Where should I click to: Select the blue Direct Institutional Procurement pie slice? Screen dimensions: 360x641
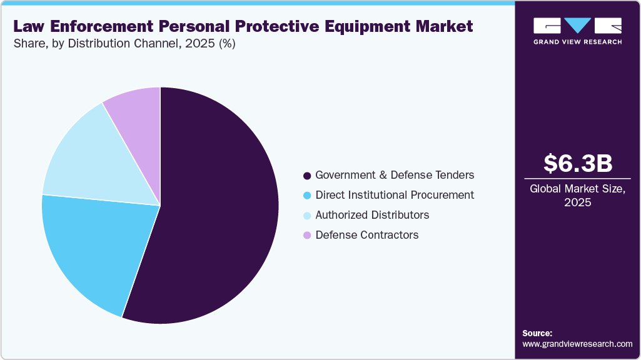pyautogui.click(x=94, y=250)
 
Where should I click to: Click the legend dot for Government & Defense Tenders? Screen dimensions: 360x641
pyautogui.click(x=307, y=176)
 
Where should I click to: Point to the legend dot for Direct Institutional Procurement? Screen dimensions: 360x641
pyautogui.click(x=307, y=196)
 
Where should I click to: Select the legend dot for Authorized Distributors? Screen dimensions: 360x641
pyautogui.click(x=307, y=216)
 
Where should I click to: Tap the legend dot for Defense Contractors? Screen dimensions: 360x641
pyautogui.click(x=307, y=236)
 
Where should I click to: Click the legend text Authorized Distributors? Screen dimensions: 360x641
pyautogui.click(x=372, y=215)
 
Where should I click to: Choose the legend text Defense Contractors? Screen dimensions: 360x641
pyautogui.click(x=367, y=235)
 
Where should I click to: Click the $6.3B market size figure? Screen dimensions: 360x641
pyautogui.click(x=577, y=164)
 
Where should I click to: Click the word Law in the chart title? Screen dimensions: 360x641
pyautogui.click(x=29, y=27)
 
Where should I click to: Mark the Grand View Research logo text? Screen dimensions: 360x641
pyautogui.click(x=577, y=42)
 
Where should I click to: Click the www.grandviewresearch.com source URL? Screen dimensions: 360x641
pyautogui.click(x=577, y=344)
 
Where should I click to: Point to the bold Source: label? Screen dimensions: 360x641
pyautogui.click(x=537, y=333)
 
